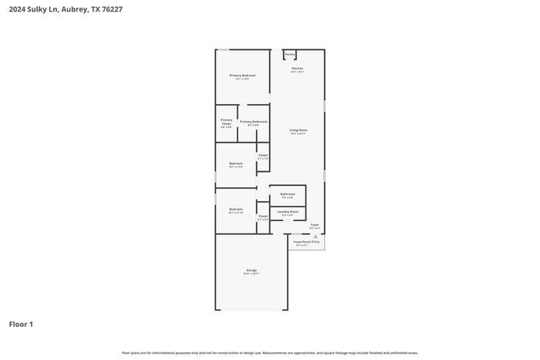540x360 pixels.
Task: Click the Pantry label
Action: point(289,55)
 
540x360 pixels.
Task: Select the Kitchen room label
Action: point(297,69)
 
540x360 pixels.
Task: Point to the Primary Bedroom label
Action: point(242,76)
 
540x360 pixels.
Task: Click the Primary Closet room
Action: point(226,123)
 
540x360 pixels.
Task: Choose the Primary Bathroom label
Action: point(254,122)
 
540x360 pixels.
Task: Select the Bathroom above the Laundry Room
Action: point(288,194)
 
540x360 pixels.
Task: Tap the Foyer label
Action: point(315,225)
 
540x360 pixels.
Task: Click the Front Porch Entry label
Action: point(306,242)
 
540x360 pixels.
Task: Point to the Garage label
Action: point(251,271)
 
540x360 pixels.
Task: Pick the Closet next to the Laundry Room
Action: point(263,217)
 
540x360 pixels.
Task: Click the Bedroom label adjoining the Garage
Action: point(236,210)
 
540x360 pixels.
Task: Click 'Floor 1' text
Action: point(21,325)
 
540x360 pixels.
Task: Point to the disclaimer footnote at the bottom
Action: point(270,352)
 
